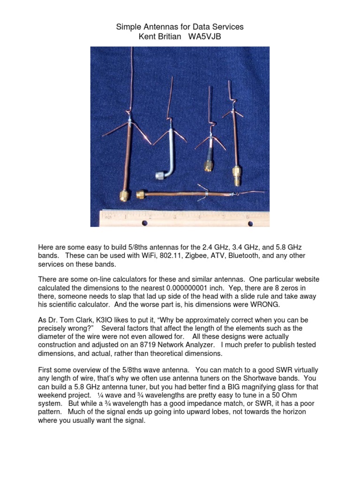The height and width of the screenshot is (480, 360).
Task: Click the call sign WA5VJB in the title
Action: pyautogui.click(x=204, y=37)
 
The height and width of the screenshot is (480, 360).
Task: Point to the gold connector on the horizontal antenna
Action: pyautogui.click(x=140, y=194)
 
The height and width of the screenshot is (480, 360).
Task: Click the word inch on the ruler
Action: pyautogui.click(x=107, y=217)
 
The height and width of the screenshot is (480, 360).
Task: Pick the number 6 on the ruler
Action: pyautogui.click(x=247, y=217)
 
